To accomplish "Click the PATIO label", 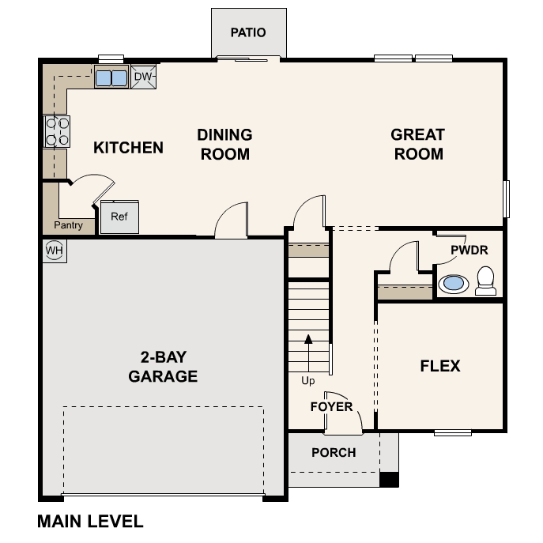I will click(x=248, y=33).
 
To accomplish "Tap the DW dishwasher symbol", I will click(x=143, y=77).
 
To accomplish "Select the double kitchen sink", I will click(x=111, y=77).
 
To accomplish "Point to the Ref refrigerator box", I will click(x=119, y=217).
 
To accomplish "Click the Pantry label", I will click(x=68, y=225).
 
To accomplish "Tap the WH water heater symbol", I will click(x=54, y=251).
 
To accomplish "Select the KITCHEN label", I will click(x=128, y=148).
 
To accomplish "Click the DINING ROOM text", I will click(x=224, y=145).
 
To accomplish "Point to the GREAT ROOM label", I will click(x=417, y=145).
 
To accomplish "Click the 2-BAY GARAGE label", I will click(x=163, y=368).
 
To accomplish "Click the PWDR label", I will click(x=469, y=250).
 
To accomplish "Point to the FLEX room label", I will click(x=440, y=366).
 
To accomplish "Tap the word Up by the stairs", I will click(x=308, y=381).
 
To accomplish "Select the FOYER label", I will click(x=331, y=407).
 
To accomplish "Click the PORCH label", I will click(x=334, y=453).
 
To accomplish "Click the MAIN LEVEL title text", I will click(x=90, y=522).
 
